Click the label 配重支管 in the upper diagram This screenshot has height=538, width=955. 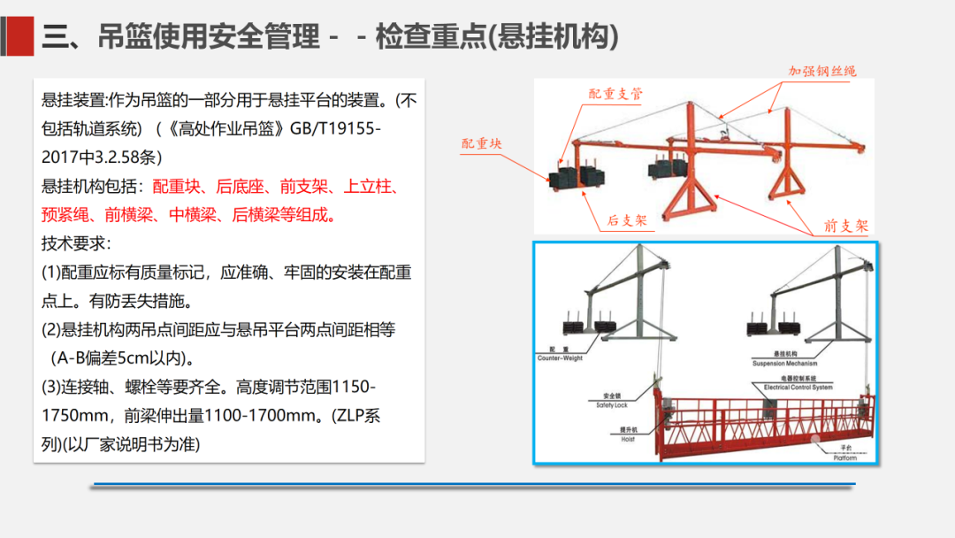tap(616, 94)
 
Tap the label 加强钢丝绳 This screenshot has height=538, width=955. tap(822, 71)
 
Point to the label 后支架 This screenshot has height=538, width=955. tap(627, 220)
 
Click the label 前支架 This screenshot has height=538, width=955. tap(846, 227)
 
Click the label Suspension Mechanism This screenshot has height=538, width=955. tap(784, 363)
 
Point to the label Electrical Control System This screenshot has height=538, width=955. tap(798, 387)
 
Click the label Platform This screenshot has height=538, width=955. tap(845, 457)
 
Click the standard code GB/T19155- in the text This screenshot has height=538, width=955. tap(335, 128)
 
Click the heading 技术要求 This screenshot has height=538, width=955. tap(76, 243)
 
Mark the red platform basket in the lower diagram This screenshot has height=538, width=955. tap(760, 429)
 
